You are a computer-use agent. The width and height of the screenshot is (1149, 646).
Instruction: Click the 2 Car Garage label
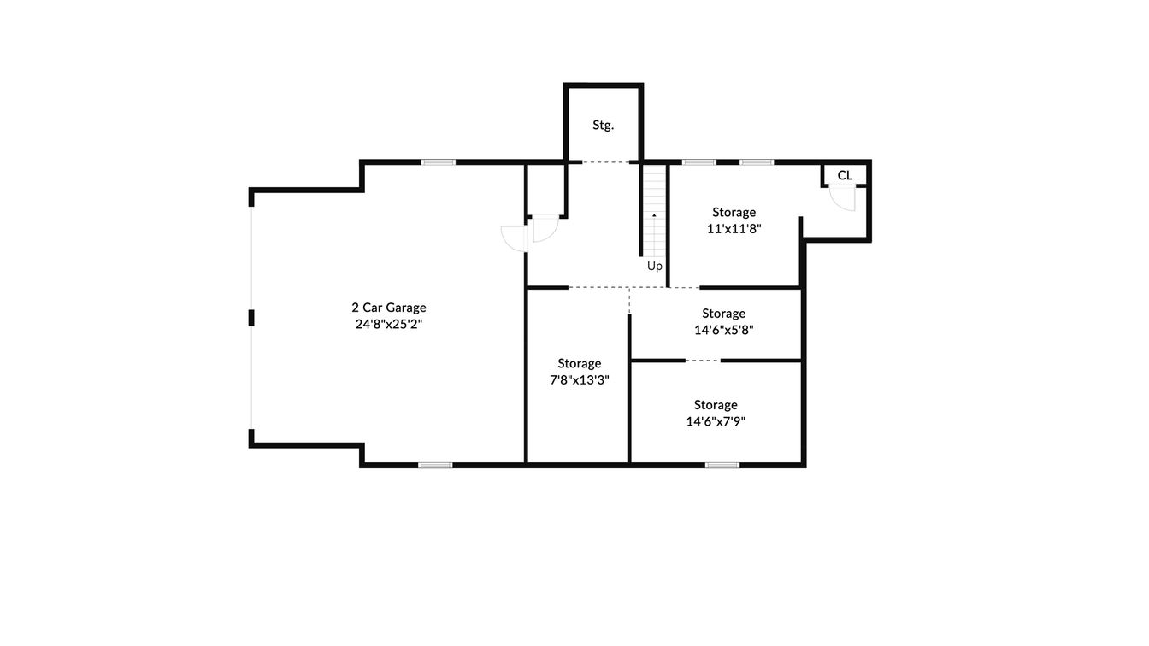point(388,308)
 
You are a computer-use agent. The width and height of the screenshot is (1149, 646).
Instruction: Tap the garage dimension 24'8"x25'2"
point(388,324)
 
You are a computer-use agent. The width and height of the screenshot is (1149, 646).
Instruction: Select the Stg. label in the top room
point(603,125)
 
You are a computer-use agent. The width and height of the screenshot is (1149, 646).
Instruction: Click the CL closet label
point(845,175)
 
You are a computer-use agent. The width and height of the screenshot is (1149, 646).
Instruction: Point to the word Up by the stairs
point(654,266)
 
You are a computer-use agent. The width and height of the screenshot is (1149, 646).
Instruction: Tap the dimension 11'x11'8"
point(734,228)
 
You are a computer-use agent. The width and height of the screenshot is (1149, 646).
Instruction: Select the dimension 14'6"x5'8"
point(723,329)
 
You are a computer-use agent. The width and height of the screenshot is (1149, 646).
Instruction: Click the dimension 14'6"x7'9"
point(716,420)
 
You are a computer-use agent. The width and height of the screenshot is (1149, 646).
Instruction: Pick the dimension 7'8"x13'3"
point(579,379)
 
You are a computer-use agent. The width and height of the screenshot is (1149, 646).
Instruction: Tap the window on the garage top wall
point(438,161)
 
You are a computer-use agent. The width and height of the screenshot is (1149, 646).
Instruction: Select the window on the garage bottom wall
point(434,465)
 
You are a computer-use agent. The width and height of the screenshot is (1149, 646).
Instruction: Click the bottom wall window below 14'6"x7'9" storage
point(722,465)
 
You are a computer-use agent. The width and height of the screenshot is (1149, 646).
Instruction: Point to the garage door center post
point(251,318)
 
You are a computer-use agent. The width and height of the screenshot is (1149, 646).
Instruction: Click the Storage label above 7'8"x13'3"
point(579,363)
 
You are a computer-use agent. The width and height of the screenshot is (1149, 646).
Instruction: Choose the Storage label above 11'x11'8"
point(734,212)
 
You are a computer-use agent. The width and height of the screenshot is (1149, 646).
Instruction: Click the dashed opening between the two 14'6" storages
point(703,361)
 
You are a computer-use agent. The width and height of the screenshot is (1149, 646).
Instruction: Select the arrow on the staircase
point(654,216)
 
